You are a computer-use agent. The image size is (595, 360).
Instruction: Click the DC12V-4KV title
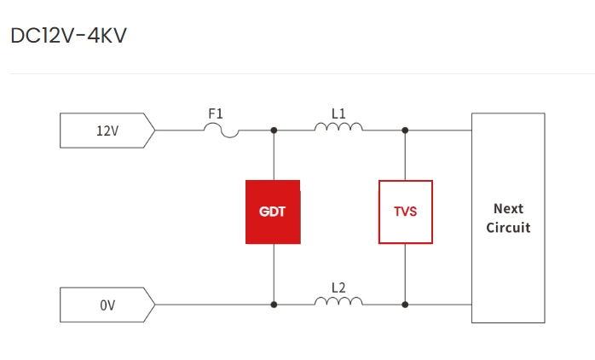68,37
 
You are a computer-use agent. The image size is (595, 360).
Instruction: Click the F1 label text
217,113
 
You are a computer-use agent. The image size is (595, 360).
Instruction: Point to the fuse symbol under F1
222,130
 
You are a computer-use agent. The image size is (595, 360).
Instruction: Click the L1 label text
338,113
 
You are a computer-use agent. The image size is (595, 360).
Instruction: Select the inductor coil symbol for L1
338,128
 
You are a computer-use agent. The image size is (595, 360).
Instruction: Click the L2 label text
338,287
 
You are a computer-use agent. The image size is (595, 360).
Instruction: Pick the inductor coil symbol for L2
338,302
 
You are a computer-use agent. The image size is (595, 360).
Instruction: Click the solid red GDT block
273,212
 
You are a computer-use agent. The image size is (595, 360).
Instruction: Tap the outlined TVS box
405,212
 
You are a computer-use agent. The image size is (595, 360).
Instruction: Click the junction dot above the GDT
273,131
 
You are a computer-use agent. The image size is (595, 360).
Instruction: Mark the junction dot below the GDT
273,305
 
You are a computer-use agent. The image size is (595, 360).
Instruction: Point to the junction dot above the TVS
405,131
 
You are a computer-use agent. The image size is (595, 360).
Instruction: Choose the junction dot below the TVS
405,305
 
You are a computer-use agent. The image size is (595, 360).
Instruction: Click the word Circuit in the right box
508,228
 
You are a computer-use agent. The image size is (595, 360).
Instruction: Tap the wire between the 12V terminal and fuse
179,131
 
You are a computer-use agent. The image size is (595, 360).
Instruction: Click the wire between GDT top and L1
294,131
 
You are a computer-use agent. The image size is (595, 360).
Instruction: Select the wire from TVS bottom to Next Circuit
439,305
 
